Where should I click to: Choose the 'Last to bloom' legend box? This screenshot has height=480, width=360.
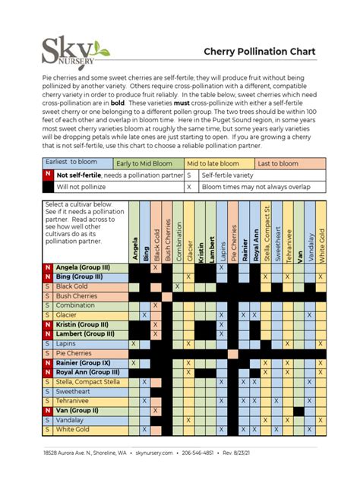[289, 163]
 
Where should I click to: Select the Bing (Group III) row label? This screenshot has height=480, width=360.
[79, 277]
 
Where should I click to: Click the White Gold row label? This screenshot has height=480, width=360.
[74, 428]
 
